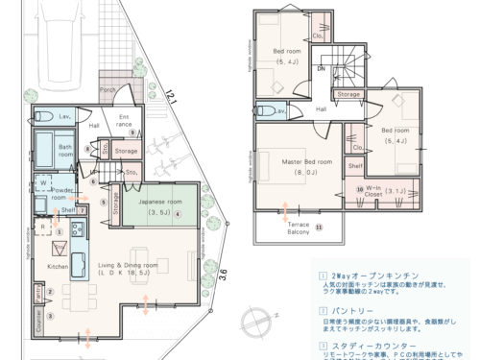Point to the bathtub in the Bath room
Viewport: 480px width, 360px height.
43,151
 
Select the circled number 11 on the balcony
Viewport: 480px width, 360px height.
319,228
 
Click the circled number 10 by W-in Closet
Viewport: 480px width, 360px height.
359,189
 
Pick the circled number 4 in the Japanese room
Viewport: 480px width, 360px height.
179,215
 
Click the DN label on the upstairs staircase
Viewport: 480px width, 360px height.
323,69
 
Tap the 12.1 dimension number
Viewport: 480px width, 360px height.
172,98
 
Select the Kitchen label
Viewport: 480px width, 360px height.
58,266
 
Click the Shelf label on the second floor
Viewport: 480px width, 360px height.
355,167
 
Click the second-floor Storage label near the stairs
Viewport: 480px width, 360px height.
348,95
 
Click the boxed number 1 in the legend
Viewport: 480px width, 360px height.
321,274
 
